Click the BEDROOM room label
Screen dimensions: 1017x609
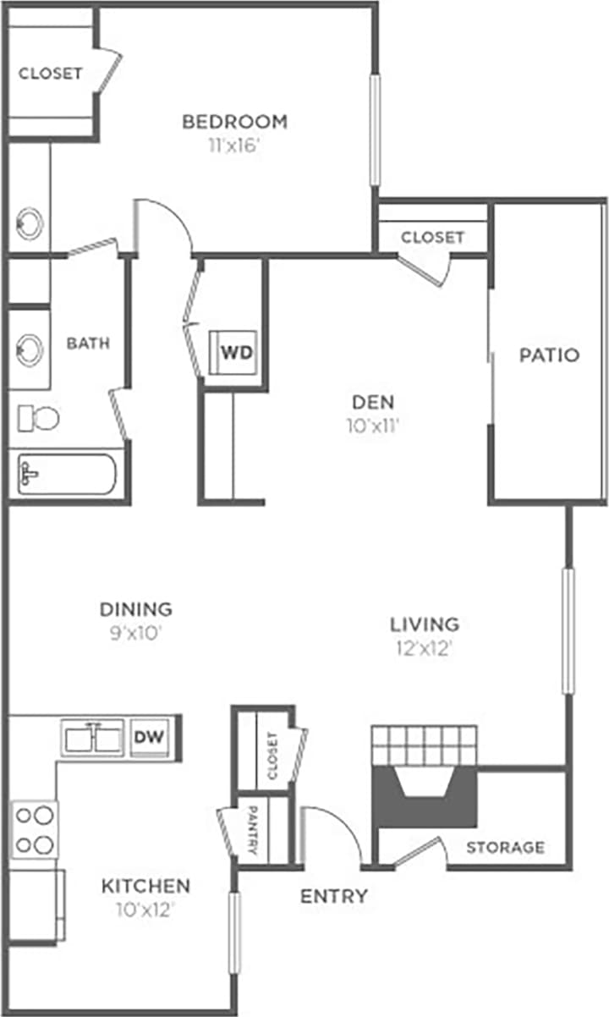click(x=234, y=122)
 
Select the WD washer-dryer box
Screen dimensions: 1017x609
click(x=236, y=352)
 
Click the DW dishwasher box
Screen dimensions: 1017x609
click(x=150, y=737)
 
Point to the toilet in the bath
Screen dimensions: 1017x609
click(x=39, y=417)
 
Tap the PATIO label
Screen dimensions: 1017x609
click(x=549, y=355)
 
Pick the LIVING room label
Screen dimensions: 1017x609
click(x=424, y=624)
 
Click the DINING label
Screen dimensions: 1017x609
click(x=136, y=608)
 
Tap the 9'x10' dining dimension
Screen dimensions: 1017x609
click(x=136, y=632)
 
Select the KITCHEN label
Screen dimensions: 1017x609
click(x=145, y=886)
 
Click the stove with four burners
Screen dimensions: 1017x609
click(x=35, y=829)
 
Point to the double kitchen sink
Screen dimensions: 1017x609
click(x=94, y=738)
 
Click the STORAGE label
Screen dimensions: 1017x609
click(x=505, y=847)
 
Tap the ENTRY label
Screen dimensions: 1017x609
click(x=334, y=896)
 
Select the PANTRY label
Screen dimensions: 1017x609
click(x=252, y=829)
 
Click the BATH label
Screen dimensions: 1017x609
click(x=88, y=344)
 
